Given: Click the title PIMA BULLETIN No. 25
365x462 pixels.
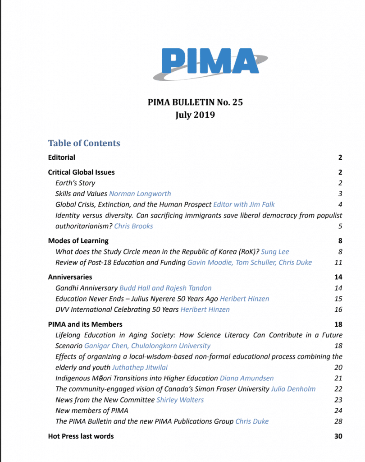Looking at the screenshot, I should click(x=195, y=102).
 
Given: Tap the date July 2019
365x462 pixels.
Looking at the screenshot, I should click(x=195, y=115).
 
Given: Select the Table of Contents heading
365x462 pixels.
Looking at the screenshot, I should click(x=84, y=143).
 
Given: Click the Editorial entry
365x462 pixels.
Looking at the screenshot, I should click(x=62, y=157).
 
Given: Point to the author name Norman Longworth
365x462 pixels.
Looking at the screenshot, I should click(x=140, y=194).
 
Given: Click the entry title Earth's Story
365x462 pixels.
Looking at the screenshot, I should click(x=75, y=183).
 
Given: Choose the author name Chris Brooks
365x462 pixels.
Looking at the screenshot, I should click(x=134, y=226).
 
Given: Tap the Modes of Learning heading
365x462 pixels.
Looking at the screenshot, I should click(x=78, y=240).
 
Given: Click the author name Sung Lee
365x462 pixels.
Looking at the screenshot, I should click(x=281, y=251).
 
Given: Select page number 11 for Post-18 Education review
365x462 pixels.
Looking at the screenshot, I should click(x=338, y=262).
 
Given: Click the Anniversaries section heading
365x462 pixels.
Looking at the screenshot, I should click(x=70, y=277).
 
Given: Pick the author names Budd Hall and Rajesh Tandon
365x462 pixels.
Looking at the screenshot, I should click(x=165, y=287).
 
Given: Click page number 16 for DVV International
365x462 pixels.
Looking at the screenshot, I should click(x=338, y=309).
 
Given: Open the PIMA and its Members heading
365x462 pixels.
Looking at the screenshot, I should click(x=85, y=324).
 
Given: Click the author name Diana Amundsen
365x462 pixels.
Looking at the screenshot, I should click(x=246, y=378).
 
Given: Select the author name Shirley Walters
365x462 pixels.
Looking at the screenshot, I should click(x=180, y=400).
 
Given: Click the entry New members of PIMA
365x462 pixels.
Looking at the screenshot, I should click(x=92, y=411).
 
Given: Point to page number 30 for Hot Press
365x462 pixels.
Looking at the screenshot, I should click(x=338, y=436).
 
